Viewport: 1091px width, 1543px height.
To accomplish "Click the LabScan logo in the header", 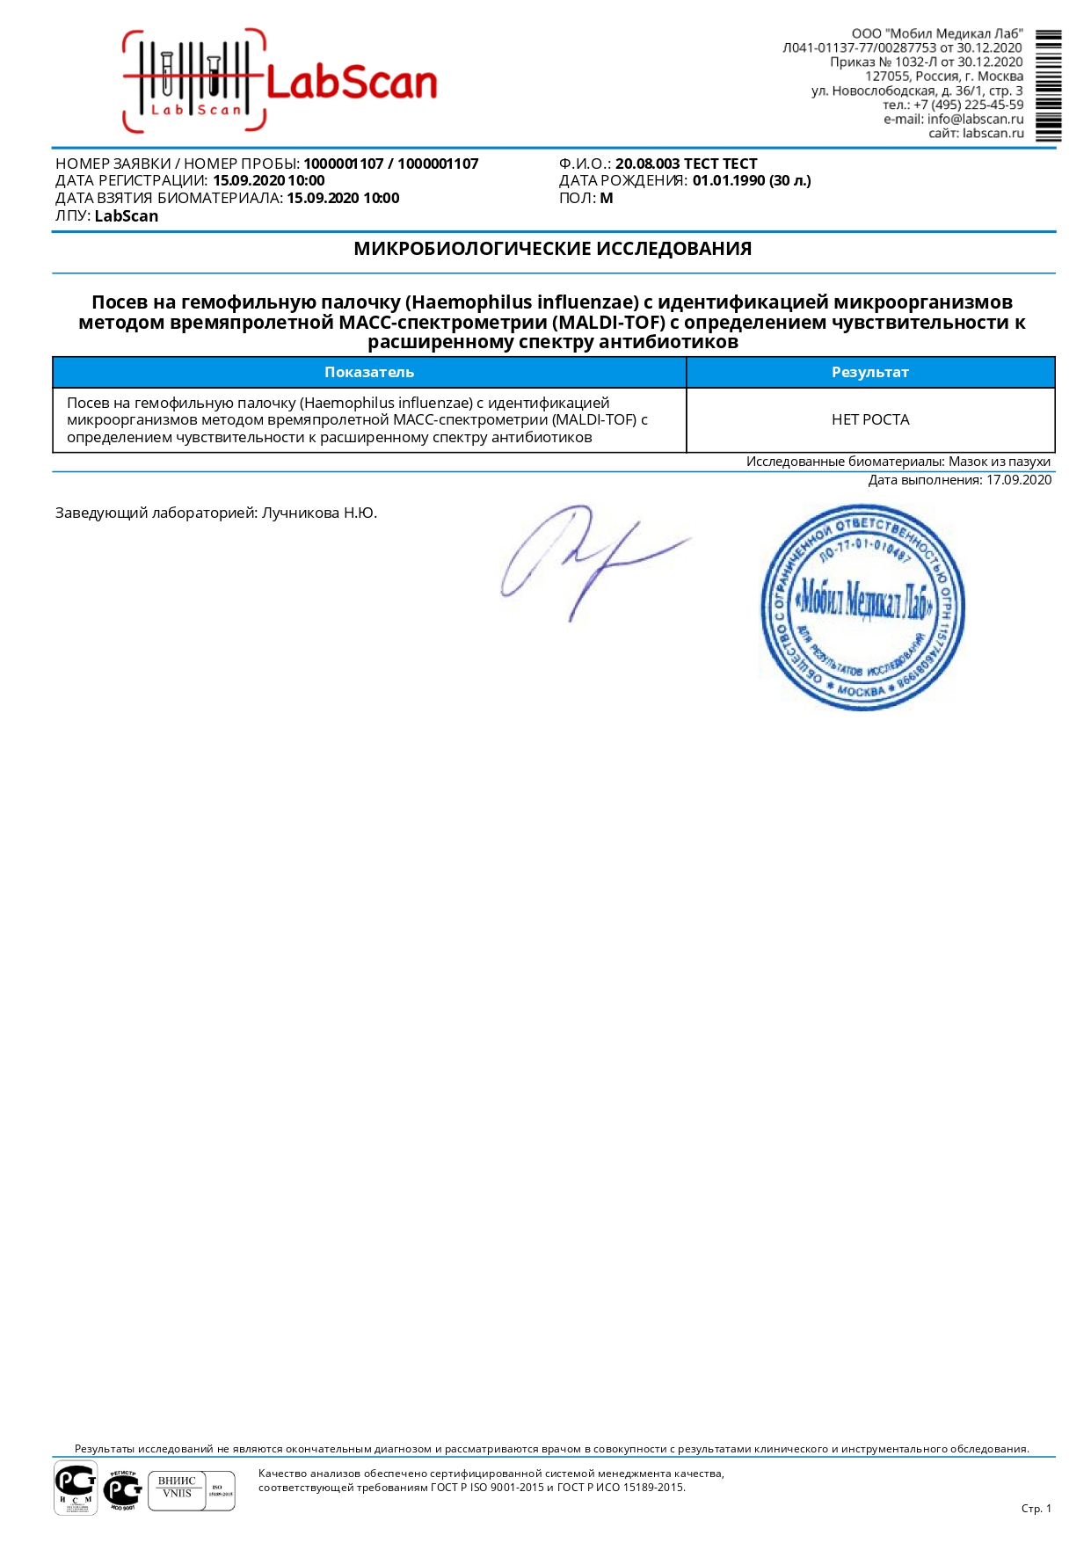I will click(x=280, y=81).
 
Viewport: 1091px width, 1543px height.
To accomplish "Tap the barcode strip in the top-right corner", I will click(x=1048, y=85).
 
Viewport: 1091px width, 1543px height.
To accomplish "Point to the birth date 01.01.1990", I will click(x=729, y=180).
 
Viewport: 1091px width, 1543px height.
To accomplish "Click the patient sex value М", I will click(x=607, y=198).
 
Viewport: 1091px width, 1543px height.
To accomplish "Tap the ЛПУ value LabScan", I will click(x=127, y=216).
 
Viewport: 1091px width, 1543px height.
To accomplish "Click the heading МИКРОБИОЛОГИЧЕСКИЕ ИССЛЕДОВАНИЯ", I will click(x=552, y=249).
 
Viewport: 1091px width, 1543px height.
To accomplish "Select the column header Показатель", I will click(x=369, y=372).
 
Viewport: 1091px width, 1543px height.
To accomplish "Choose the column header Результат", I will click(x=869, y=372).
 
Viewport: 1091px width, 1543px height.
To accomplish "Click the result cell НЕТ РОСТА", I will click(x=869, y=419).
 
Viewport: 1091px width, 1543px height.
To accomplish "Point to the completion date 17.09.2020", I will click(x=1019, y=480).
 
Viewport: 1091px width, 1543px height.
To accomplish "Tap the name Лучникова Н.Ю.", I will click(x=319, y=513).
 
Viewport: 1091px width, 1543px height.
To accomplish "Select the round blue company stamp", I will click(x=862, y=608).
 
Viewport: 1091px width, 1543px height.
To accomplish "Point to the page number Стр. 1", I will click(x=1036, y=1508).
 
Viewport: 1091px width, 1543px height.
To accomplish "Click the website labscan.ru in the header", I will click(x=993, y=134).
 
